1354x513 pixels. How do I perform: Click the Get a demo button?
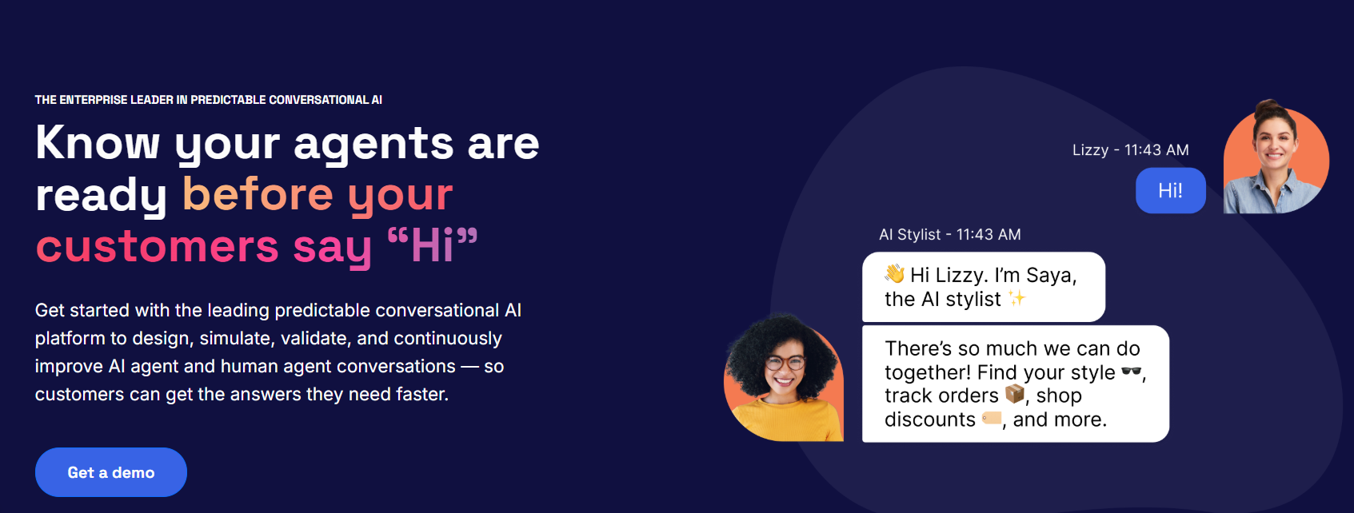tap(110, 472)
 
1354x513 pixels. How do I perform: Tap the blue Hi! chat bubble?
tap(1170, 190)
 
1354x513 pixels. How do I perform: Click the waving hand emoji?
tap(895, 274)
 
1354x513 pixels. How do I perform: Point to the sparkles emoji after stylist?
tap(1016, 298)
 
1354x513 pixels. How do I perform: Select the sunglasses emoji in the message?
tap(1132, 371)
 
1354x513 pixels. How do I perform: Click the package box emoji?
tap(1015, 394)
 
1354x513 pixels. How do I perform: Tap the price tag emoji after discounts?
tap(992, 418)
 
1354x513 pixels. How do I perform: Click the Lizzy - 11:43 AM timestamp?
tap(1130, 150)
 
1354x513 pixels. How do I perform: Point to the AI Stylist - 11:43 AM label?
tap(949, 234)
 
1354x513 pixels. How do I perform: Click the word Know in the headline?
tap(98, 142)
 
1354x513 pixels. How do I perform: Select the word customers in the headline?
tap(158, 247)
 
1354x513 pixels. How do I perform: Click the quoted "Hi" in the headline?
tap(432, 245)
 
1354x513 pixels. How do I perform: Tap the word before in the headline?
tap(258, 194)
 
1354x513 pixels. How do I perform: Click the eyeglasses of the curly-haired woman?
tap(785, 363)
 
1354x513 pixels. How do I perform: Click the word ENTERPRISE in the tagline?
tap(93, 100)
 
